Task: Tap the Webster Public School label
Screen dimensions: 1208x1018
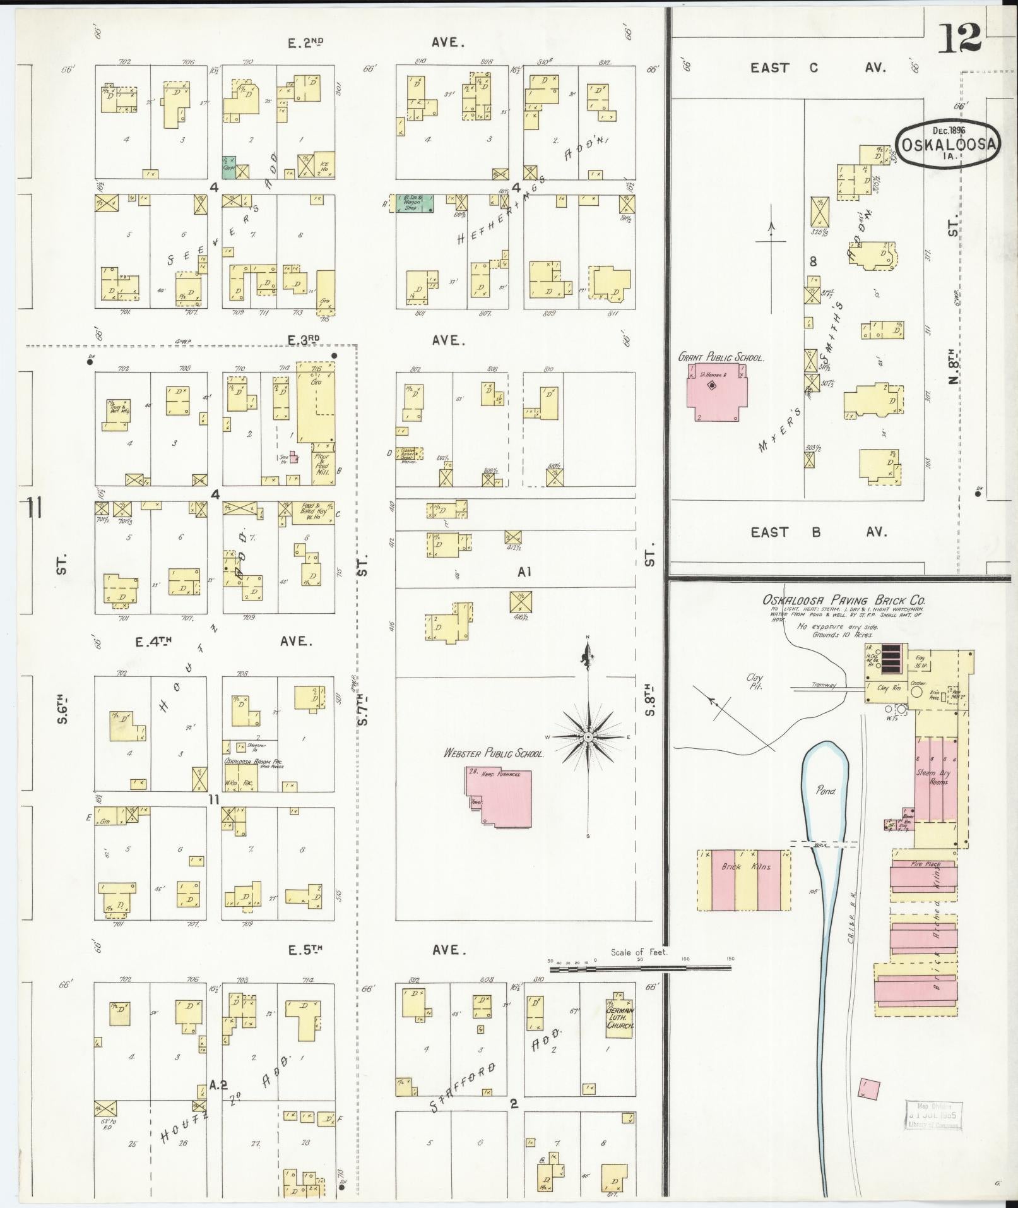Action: coord(494,753)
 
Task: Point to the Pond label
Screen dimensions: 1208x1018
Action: coord(826,789)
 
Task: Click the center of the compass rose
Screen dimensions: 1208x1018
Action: coord(588,737)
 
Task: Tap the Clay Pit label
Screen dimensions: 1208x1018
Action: coord(755,682)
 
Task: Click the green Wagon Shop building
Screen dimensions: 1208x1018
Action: coord(413,202)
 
